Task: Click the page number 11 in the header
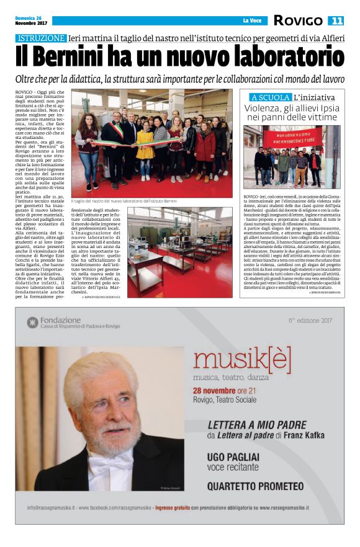pyautogui.click(x=336, y=21)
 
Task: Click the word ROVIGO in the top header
pyautogui.click(x=298, y=21)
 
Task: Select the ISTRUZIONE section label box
pyautogui.click(x=42, y=38)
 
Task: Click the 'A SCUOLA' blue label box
pyautogui.click(x=270, y=97)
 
